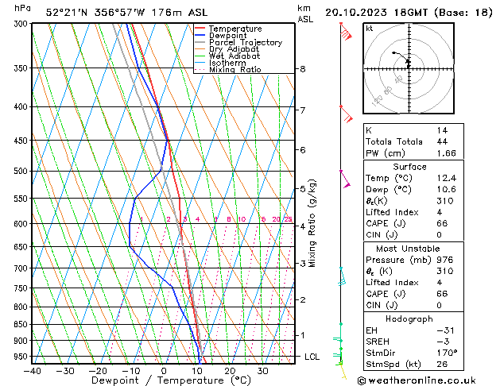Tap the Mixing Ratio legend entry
pos(236,70)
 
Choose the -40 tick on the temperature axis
pos(32,371)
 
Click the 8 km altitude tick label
pos(303,69)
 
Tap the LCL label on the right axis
pos(312,357)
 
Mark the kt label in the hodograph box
pos(370,29)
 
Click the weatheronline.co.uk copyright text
pos(427,380)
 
